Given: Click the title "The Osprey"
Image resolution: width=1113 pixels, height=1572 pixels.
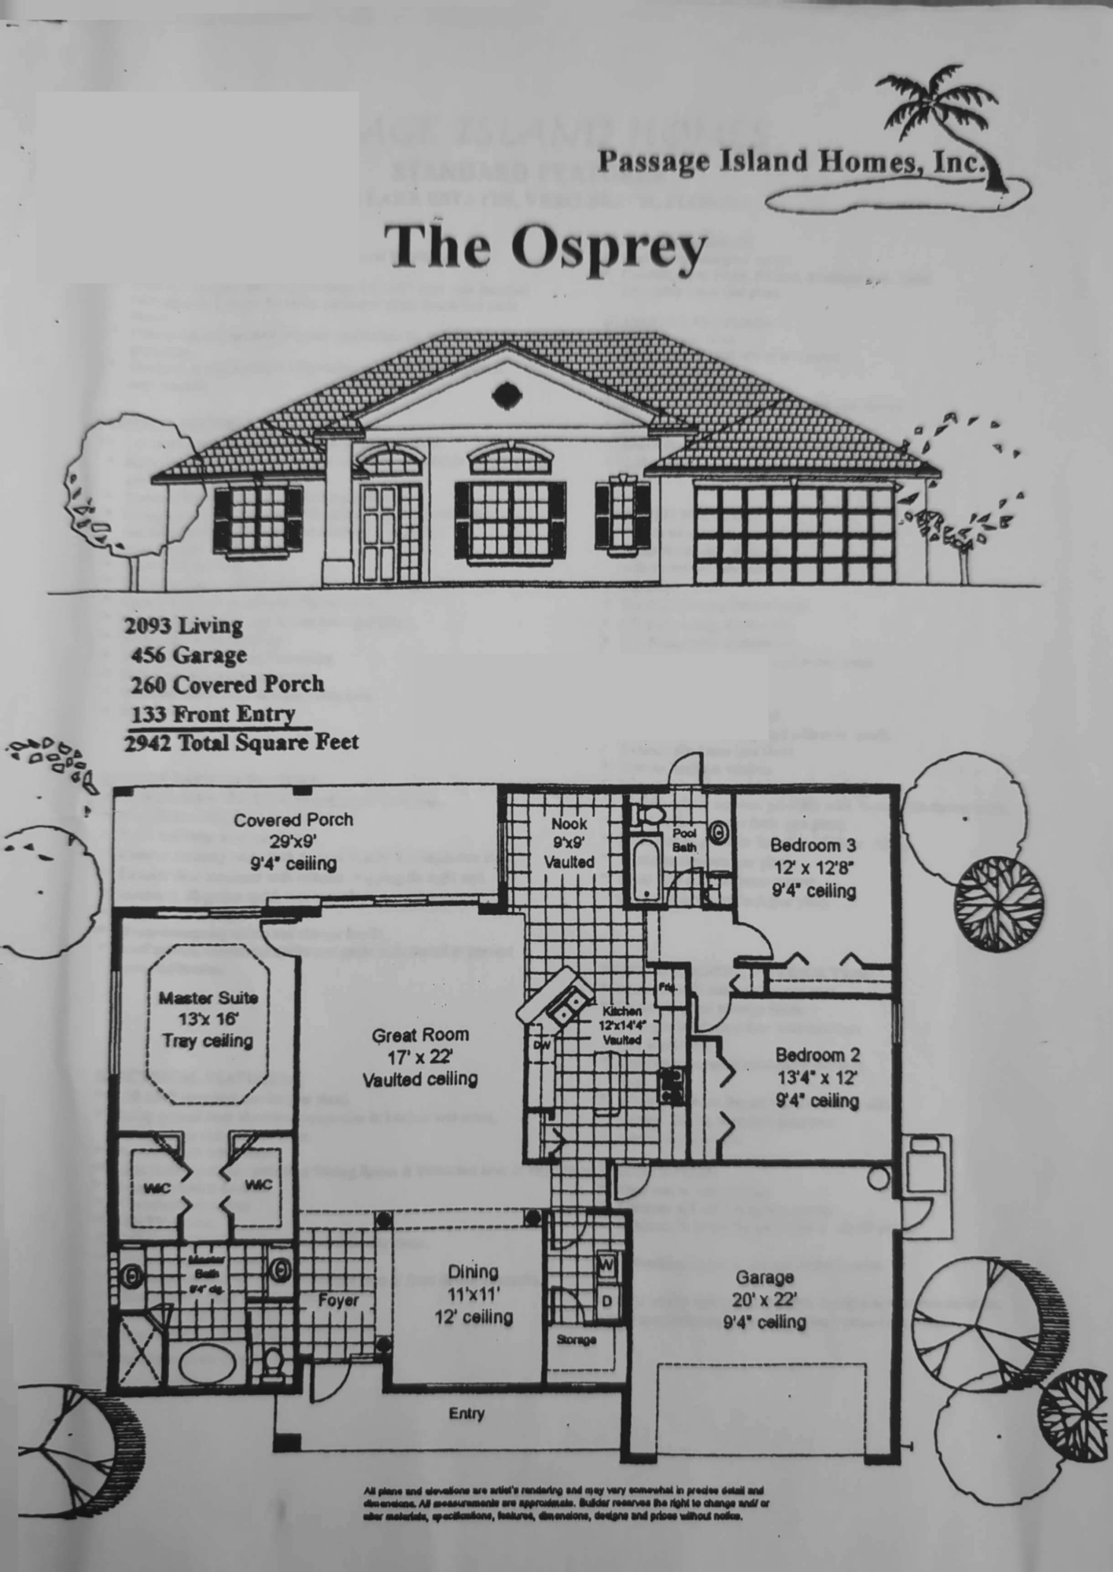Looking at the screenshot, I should (548, 247).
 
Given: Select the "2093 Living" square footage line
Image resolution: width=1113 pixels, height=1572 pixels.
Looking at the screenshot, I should (184, 626).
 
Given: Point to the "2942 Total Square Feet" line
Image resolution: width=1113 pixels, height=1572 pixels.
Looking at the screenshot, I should (241, 742).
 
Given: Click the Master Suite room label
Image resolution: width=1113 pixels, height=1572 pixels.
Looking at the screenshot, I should (208, 1019).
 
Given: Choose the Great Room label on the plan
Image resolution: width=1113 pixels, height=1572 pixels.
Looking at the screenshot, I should (420, 1057).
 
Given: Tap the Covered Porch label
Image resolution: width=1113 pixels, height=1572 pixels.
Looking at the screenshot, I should (293, 841).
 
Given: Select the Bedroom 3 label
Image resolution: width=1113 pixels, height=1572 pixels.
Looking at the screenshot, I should (813, 868).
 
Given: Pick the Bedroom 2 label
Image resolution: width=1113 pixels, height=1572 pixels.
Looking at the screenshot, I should (817, 1077).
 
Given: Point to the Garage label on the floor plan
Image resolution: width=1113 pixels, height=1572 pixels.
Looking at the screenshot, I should (764, 1299).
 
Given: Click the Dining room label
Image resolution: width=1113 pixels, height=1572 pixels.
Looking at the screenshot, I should (474, 1294).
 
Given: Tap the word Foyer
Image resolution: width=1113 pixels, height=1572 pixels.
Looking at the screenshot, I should (338, 1301).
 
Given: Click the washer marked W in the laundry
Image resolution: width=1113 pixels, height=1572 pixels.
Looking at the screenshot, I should (606, 1265).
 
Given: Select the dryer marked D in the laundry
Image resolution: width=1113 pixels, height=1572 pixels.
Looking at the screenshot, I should (607, 1301).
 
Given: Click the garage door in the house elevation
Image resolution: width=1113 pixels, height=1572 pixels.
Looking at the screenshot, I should (794, 534).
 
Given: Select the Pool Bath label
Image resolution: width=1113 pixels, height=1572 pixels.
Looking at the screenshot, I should (684, 839).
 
